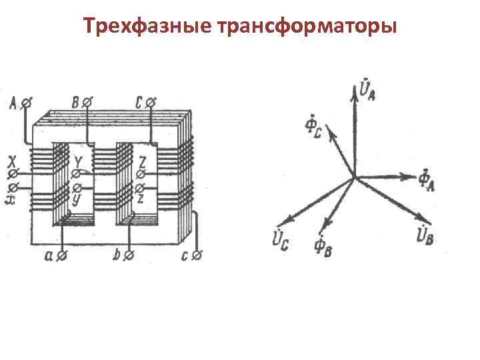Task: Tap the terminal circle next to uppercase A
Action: coord(27,103)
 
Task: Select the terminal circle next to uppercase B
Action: coord(87,103)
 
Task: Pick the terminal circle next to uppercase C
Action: coord(151,103)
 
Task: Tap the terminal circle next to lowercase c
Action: coord(197,255)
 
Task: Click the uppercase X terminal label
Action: coord(11,162)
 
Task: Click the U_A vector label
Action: coord(367,89)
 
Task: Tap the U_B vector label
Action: coord(424,235)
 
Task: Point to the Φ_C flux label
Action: coord(313,127)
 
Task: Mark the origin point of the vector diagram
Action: coord(354,177)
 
